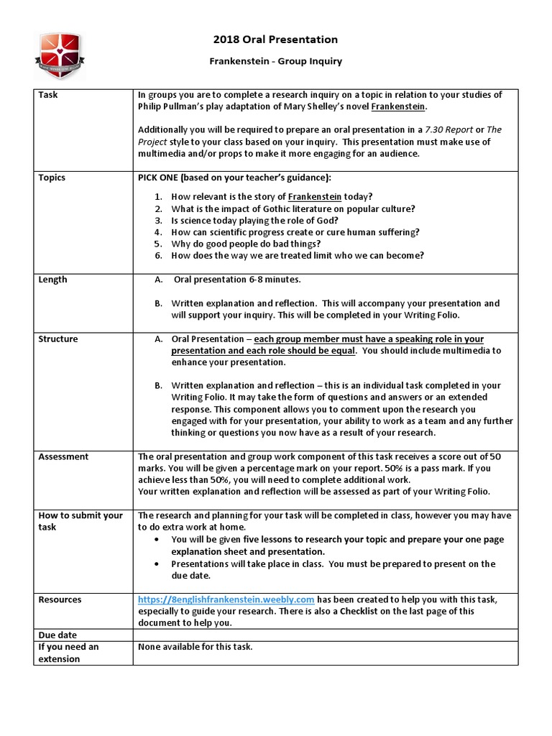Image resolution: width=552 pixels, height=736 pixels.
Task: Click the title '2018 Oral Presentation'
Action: click(x=275, y=40)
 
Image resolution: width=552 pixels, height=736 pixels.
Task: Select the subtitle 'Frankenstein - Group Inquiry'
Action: click(x=275, y=61)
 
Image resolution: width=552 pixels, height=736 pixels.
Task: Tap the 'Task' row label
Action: click(x=48, y=95)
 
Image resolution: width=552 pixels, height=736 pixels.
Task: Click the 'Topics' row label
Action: click(x=52, y=178)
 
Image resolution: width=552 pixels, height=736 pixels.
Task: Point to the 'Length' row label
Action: click(x=52, y=280)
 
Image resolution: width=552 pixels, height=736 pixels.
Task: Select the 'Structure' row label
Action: click(x=58, y=339)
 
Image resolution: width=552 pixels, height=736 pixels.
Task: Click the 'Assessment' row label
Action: click(x=63, y=456)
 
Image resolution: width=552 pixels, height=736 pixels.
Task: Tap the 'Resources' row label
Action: click(x=60, y=599)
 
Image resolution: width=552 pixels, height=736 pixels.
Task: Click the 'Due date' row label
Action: click(x=57, y=635)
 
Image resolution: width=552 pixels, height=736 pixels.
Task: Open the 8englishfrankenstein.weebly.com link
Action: click(x=226, y=599)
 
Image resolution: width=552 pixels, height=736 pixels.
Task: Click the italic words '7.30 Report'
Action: click(x=449, y=129)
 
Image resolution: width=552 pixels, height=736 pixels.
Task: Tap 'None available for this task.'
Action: click(x=195, y=647)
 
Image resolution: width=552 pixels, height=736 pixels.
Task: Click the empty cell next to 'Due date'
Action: click(x=325, y=635)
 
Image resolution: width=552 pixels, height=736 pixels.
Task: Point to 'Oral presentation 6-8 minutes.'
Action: click(x=237, y=280)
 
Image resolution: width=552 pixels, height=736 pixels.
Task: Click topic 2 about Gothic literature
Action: click(x=293, y=209)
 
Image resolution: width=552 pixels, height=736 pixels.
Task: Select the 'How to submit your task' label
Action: click(x=80, y=521)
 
